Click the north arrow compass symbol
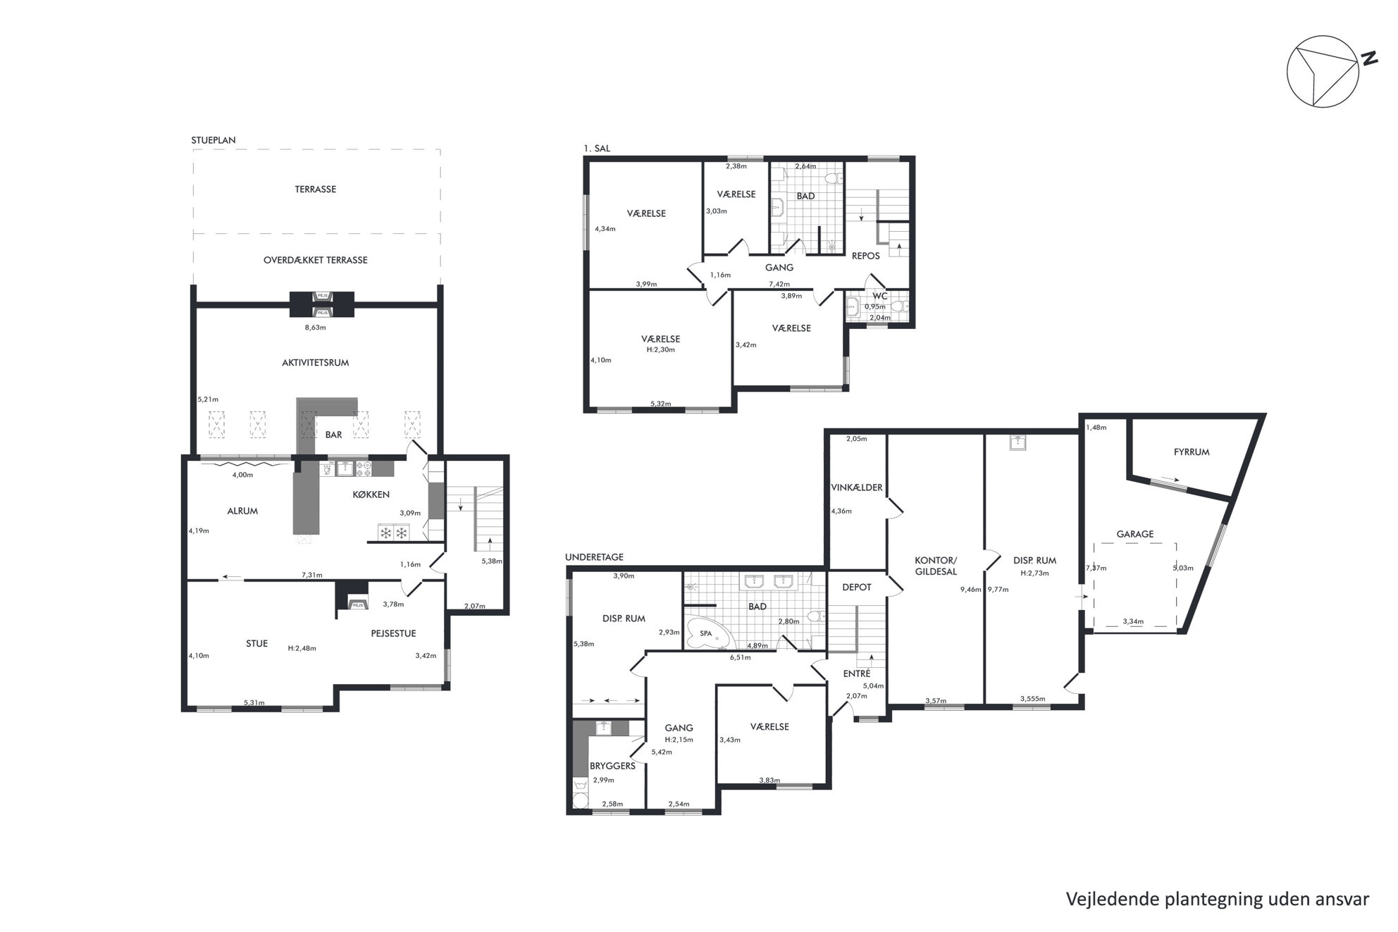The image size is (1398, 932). tap(1323, 72)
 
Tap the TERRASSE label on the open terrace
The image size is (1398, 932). tap(315, 189)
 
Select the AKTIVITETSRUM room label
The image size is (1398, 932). tap(315, 363)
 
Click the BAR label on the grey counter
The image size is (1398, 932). tap(333, 435)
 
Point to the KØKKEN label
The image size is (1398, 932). tap(371, 495)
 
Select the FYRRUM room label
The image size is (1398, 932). tap(1192, 452)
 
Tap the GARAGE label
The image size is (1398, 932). tap(1135, 534)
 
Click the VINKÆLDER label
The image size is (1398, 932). tap(857, 487)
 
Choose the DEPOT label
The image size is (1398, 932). tap(857, 587)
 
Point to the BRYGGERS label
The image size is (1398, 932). tap(612, 766)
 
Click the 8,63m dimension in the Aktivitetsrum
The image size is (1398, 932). tap(315, 327)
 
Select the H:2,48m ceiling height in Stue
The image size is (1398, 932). tap(302, 648)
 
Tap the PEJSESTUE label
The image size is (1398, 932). tap(393, 633)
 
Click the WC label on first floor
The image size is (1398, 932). tap(880, 296)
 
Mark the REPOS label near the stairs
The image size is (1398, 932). tap(866, 256)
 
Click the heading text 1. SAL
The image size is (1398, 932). tap(597, 148)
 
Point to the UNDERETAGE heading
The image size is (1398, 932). tap(594, 557)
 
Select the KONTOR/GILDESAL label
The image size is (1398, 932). tap(936, 566)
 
